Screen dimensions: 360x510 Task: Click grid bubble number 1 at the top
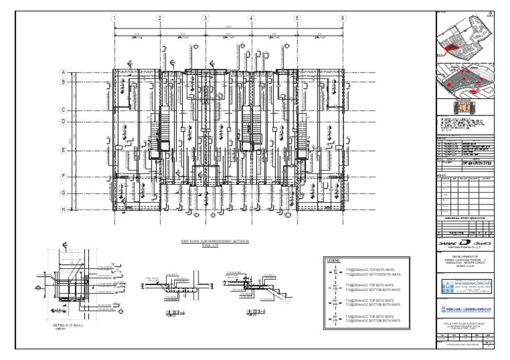[115, 18]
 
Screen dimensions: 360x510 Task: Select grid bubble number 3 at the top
[206, 18]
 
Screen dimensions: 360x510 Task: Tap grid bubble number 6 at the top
[343, 18]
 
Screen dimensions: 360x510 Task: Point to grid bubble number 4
[251, 18]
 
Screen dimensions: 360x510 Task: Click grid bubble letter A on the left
[64, 72]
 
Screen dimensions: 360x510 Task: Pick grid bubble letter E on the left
[64, 150]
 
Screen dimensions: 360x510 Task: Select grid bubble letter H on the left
[64, 209]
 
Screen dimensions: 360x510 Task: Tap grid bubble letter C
[64, 110]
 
